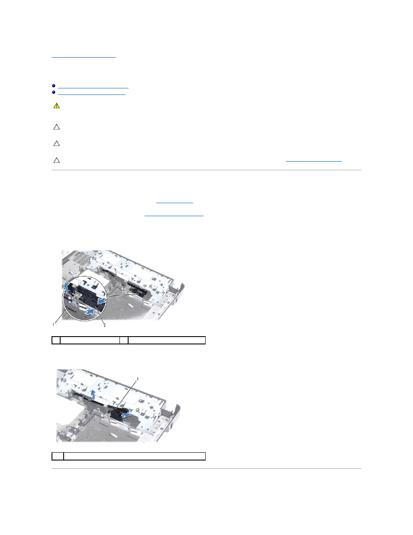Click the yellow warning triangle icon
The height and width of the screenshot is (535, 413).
[57, 106]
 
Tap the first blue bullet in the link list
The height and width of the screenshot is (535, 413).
[54, 86]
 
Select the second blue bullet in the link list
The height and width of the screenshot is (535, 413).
[54, 92]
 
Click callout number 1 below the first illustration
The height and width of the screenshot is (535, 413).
[53, 325]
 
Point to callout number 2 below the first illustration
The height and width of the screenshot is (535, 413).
[104, 325]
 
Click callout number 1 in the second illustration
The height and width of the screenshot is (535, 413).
[138, 379]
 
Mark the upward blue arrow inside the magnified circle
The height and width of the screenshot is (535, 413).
[66, 287]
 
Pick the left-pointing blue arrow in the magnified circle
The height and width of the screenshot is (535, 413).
[102, 301]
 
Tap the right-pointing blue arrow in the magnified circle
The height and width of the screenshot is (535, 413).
[90, 312]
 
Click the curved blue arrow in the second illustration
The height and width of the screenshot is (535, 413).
[91, 395]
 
